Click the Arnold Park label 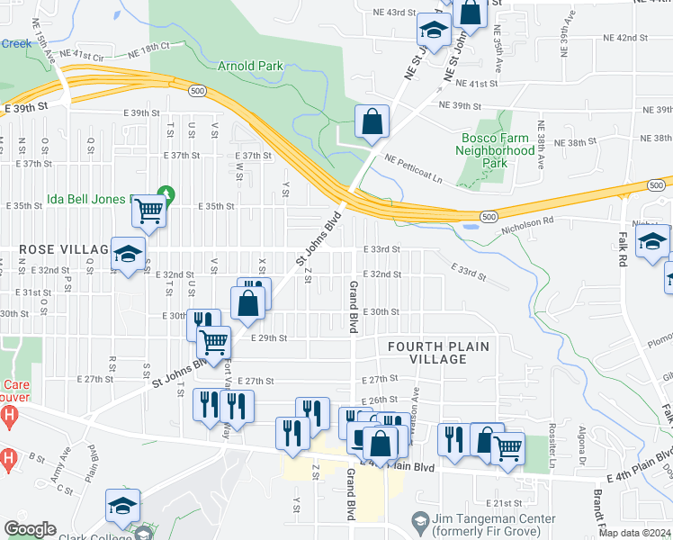tap(250, 66)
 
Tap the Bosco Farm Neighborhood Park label tap(498, 150)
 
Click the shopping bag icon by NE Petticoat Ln tap(372, 121)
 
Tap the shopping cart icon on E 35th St tap(148, 211)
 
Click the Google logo tap(30, 529)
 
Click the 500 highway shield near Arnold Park tap(196, 90)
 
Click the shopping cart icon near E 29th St tap(213, 341)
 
